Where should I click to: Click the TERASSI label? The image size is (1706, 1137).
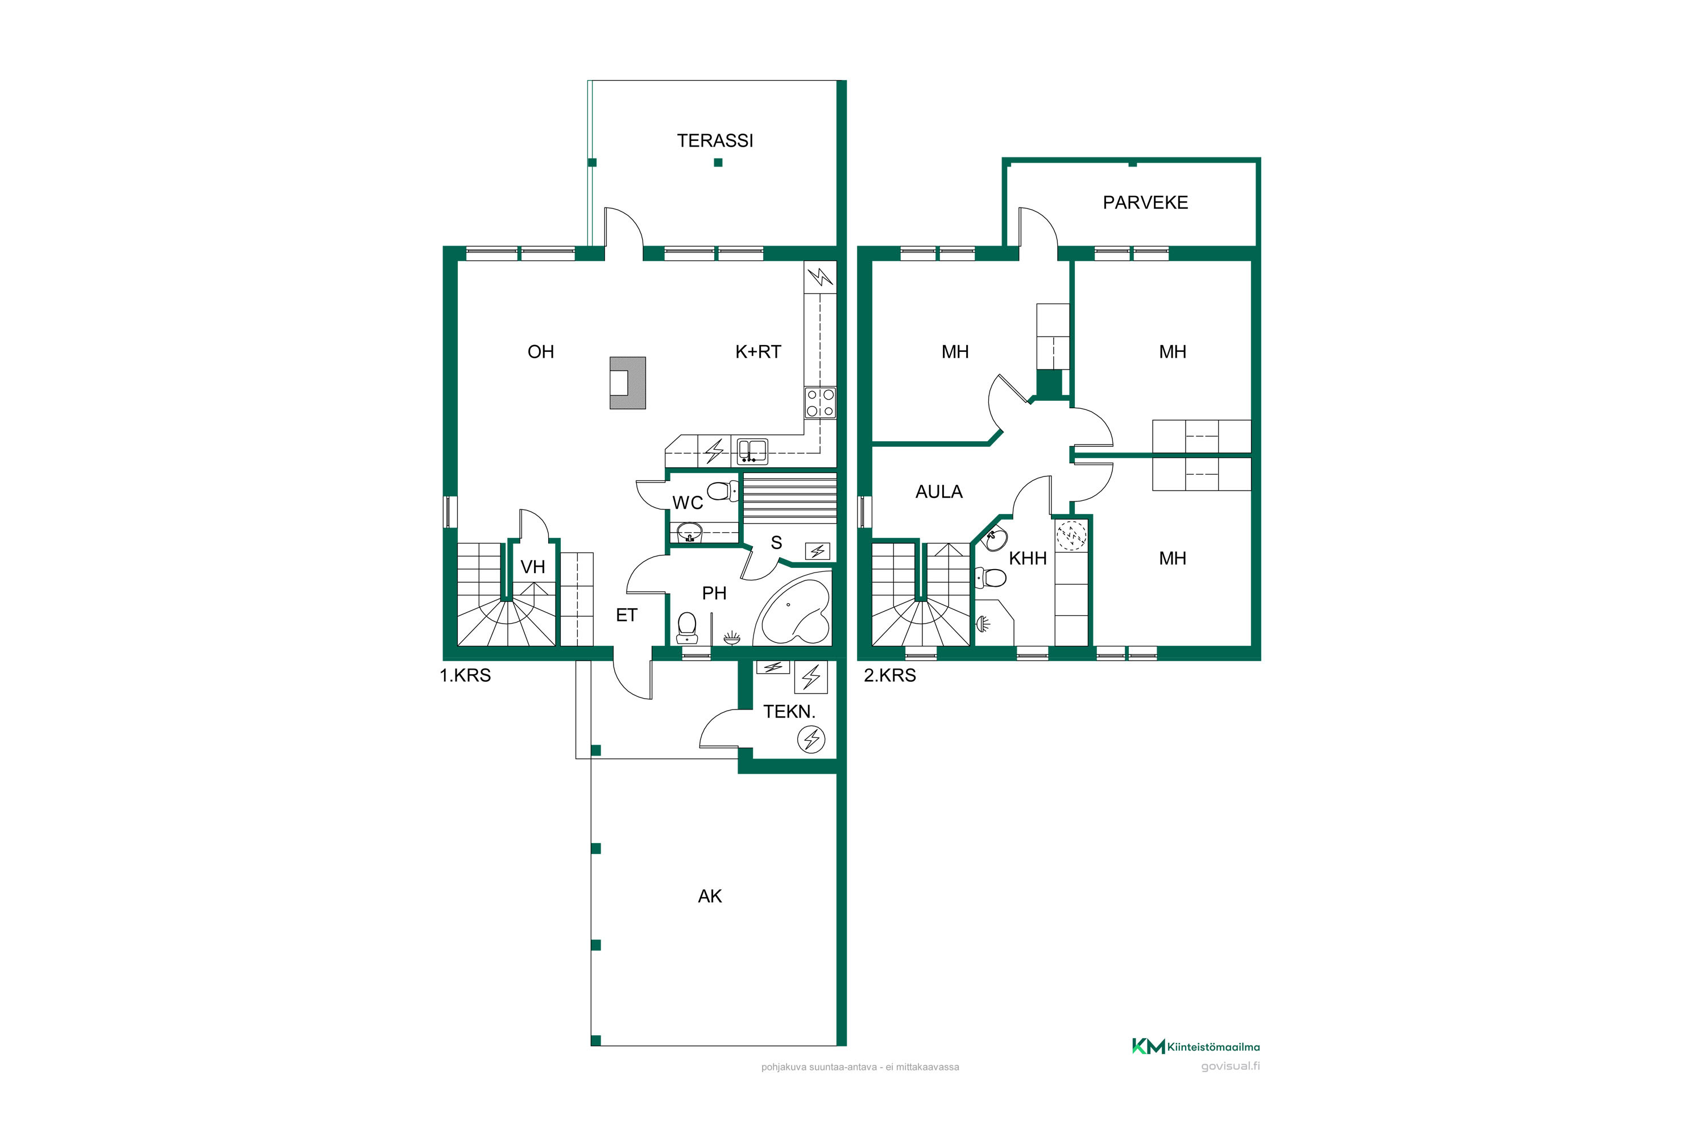point(715,140)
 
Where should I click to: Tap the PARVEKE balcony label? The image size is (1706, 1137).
point(1145,203)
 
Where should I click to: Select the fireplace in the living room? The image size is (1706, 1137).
point(627,383)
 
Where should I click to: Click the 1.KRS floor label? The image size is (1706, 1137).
point(465,676)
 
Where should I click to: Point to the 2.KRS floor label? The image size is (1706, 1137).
point(889,676)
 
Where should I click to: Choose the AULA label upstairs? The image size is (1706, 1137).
point(939,492)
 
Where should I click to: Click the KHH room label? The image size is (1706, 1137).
point(1028,558)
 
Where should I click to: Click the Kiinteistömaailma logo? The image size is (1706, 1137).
point(1196,1047)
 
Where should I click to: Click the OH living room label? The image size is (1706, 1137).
point(540,352)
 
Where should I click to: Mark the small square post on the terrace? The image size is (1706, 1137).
point(718,163)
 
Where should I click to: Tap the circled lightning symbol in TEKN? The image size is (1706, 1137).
point(811,740)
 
